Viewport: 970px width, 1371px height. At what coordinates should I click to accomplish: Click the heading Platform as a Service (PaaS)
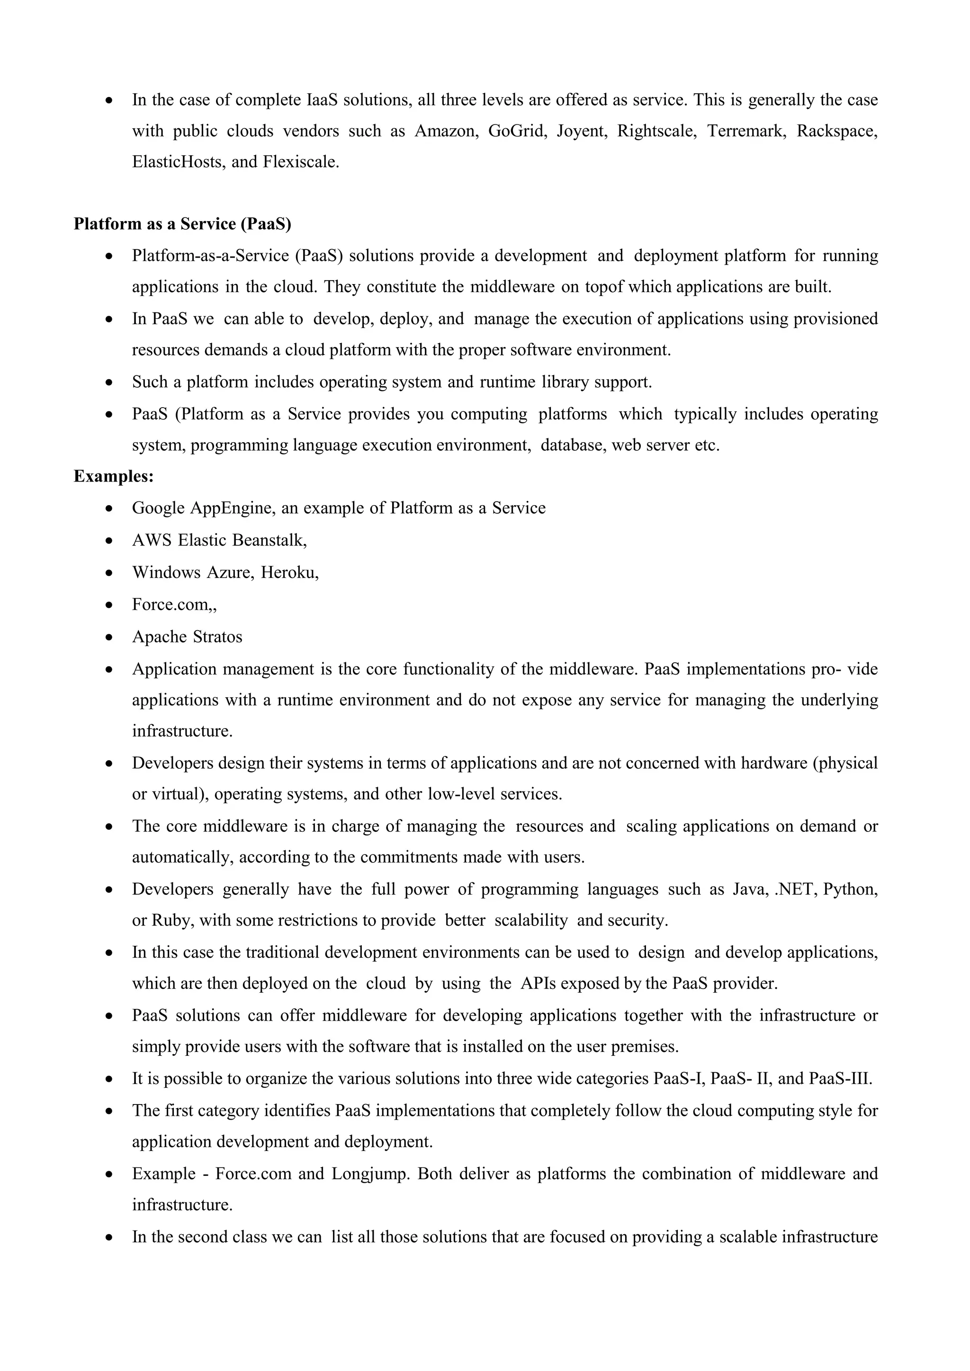(182, 224)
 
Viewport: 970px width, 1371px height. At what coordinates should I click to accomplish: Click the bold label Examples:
(114, 477)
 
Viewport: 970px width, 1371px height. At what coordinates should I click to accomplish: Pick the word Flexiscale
(300, 162)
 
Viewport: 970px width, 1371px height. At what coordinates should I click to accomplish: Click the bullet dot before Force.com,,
(109, 605)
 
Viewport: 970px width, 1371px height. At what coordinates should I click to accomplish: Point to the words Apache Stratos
(187, 637)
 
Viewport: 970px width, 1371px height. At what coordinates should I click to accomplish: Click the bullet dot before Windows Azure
(109, 573)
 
